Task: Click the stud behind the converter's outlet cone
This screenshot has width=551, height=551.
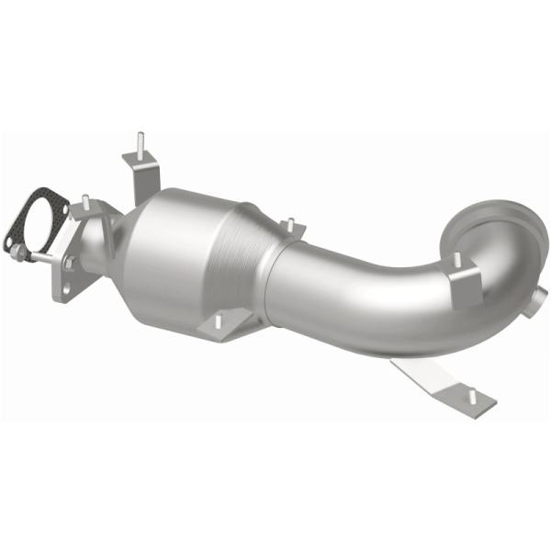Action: [289, 225]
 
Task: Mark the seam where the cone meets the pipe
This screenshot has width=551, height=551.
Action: [273, 275]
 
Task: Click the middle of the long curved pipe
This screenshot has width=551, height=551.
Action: [367, 294]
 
